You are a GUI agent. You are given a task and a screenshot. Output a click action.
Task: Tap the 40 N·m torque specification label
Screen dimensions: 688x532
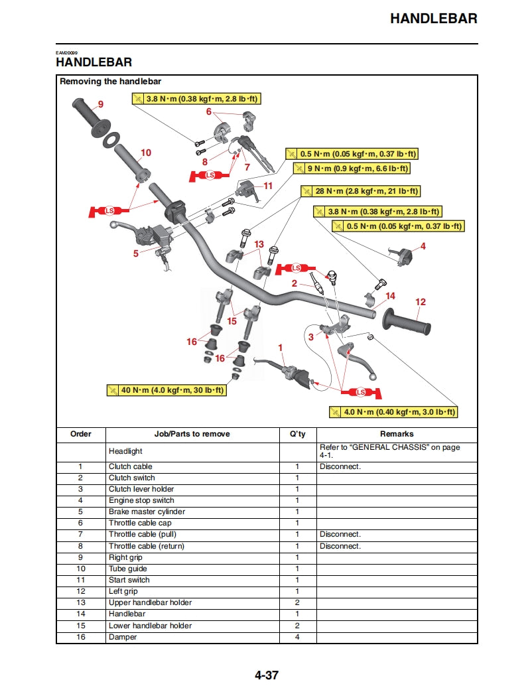[166, 390]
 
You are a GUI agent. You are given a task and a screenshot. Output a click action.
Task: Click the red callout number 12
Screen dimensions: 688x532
[421, 302]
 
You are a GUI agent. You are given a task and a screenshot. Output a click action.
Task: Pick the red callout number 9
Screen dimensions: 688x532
[101, 104]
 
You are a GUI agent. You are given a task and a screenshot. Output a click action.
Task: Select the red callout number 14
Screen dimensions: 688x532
[391, 296]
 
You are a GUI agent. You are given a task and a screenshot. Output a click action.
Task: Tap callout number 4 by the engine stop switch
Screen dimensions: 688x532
[423, 246]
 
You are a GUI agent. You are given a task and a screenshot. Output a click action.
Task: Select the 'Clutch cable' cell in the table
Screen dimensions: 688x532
[131, 466]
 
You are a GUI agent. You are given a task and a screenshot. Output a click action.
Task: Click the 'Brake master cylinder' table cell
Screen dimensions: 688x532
[147, 512]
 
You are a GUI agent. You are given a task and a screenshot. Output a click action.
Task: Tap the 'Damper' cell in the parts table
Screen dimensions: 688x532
[123, 637]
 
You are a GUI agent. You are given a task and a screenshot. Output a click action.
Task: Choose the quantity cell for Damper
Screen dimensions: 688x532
[297, 637]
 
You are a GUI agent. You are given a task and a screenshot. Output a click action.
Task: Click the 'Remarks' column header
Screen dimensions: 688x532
[397, 434]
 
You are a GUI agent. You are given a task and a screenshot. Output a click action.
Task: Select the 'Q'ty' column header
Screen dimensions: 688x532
[297, 434]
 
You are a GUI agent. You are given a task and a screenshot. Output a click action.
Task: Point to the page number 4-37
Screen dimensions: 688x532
[266, 675]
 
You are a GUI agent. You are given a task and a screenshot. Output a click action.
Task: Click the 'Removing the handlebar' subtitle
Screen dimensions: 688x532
[110, 82]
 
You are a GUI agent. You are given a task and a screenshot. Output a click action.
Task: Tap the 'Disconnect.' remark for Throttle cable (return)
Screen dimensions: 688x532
[340, 546]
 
